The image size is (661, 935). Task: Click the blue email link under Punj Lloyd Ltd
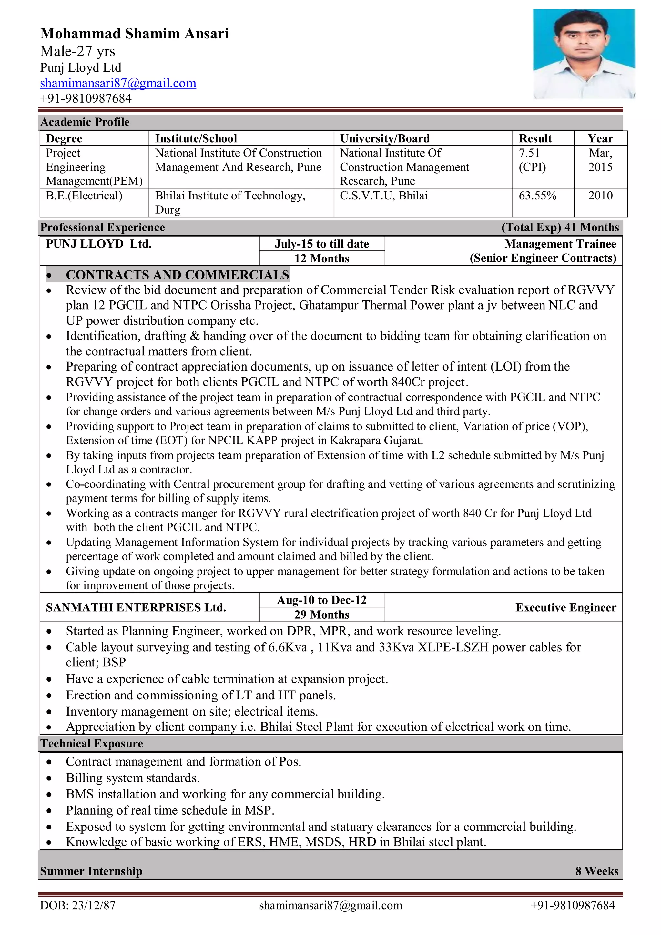tap(118, 83)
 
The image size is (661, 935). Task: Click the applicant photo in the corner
tap(583, 54)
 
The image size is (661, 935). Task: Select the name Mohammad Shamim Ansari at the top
tap(134, 33)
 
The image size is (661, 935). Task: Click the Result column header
tap(535, 138)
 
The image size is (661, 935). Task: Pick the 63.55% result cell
tap(537, 196)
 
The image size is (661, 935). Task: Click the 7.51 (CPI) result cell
tap(532, 160)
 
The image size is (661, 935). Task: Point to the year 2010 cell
tap(600, 196)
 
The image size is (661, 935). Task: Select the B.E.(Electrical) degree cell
tap(84, 196)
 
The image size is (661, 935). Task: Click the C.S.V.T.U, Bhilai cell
tap(384, 196)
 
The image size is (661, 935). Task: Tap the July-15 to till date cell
tap(321, 244)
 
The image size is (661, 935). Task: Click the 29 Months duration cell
tap(321, 615)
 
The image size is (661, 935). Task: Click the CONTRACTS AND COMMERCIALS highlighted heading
tap(177, 275)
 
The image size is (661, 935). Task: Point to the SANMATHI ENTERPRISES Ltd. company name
tap(136, 607)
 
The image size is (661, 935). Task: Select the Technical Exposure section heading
tap(92, 744)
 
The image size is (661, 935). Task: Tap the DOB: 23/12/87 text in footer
tap(77, 905)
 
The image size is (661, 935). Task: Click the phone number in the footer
tap(572, 905)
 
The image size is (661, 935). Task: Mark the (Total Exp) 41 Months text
tap(560, 227)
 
